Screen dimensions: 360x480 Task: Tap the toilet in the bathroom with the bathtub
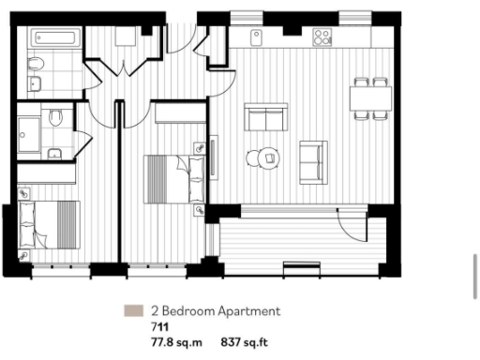coord(36,65)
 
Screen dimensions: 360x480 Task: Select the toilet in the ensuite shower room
coord(55,119)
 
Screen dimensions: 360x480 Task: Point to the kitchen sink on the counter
coord(256,36)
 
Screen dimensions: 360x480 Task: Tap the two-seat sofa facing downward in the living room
coord(265,117)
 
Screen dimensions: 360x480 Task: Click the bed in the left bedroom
coord(49,223)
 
